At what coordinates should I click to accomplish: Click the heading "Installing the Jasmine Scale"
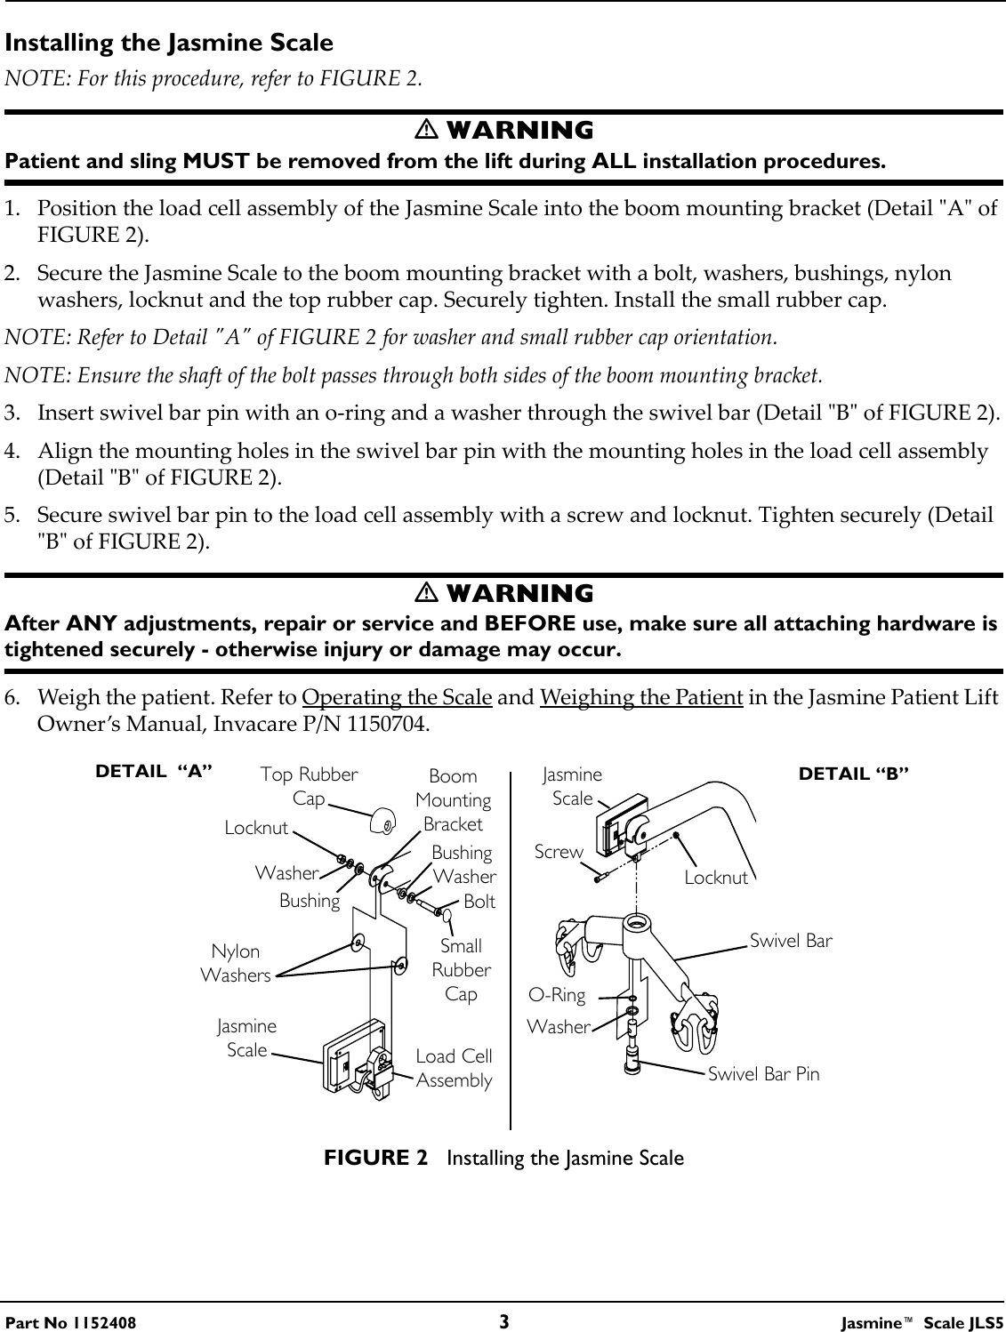click(169, 43)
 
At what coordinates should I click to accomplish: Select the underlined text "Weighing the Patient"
click(641, 696)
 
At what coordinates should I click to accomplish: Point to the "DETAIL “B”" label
click(854, 774)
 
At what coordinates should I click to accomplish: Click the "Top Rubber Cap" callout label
click(309, 786)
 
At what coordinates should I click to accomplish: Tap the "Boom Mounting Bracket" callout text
click(454, 800)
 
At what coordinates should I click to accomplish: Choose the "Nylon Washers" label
click(236, 964)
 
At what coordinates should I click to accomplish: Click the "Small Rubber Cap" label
click(461, 970)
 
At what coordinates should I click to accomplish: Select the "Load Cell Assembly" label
click(454, 1068)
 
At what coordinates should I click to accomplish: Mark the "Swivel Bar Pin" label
click(763, 1073)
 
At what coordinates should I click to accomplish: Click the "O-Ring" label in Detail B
click(557, 995)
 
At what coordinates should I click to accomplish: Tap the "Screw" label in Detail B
click(559, 852)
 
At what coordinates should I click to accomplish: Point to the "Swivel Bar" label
click(792, 940)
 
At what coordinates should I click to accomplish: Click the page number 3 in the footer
click(503, 1321)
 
